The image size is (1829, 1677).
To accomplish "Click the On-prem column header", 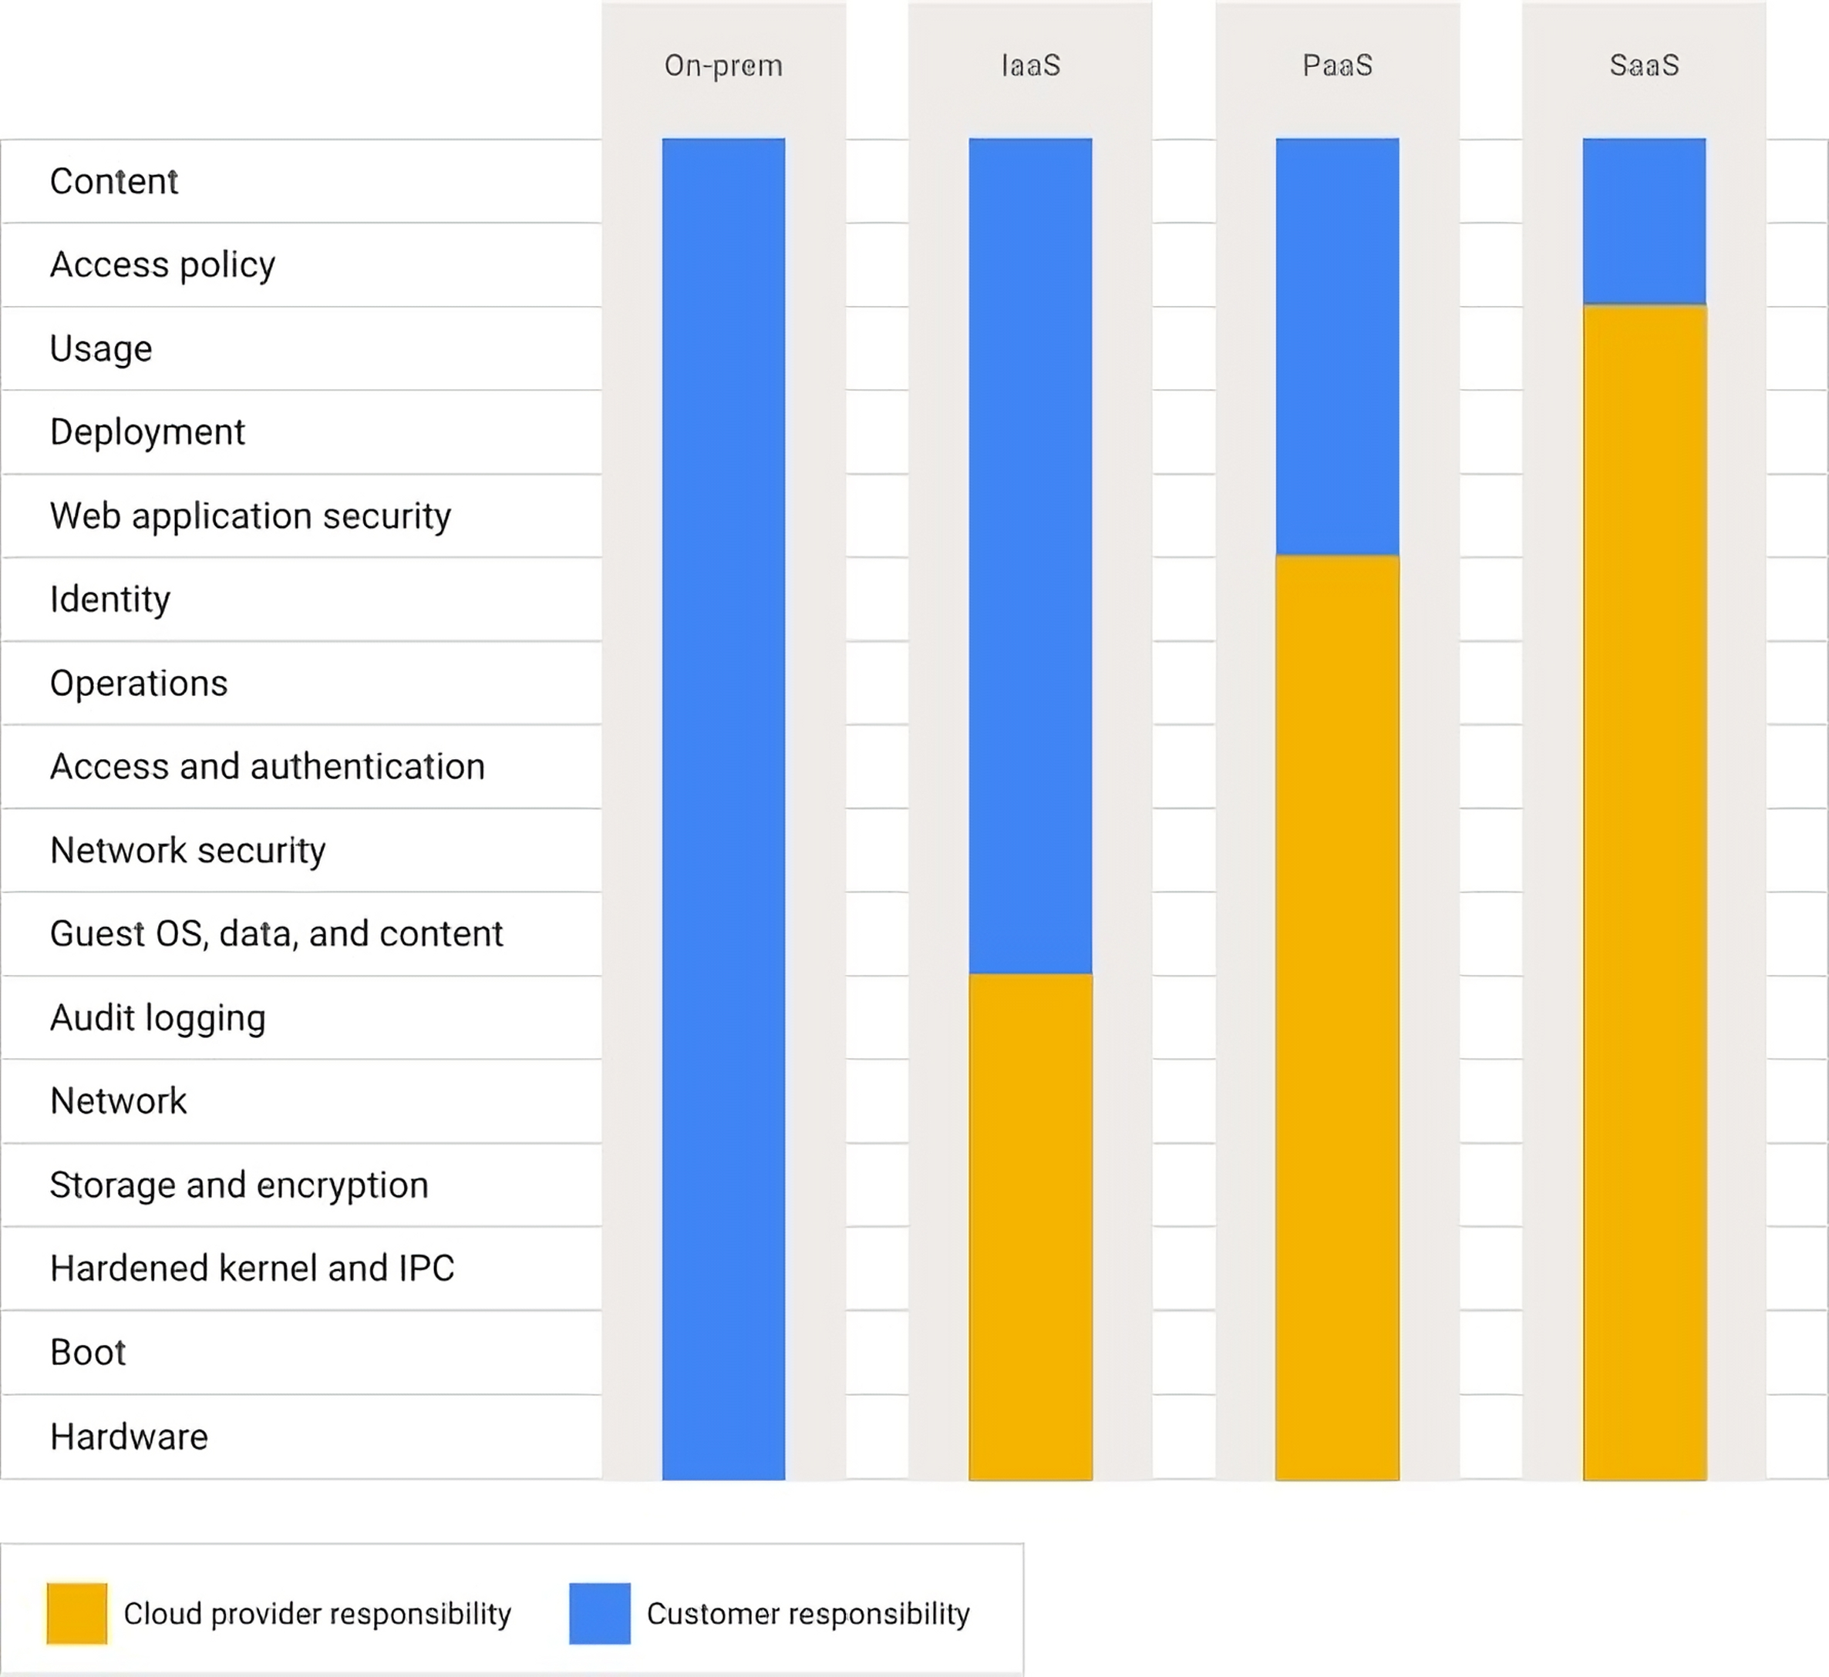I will pos(723,66).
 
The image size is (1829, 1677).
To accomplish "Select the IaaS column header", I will pos(1030,66).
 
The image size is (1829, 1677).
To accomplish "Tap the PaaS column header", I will pos(1337,66).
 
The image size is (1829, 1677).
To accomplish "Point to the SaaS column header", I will pos(1644,66).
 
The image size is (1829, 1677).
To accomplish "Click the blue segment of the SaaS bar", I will pos(1644,220).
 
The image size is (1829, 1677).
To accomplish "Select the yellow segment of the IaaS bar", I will pos(1030,1225).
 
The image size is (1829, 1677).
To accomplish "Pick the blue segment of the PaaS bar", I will pos(1337,344).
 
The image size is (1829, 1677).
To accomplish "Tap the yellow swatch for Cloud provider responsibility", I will pos(77,1614).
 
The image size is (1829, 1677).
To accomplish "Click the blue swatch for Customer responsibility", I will pos(599,1614).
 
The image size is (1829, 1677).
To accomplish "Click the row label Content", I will pos(114,181).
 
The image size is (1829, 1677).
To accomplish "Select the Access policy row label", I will pos(163,265).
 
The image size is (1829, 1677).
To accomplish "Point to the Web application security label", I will pos(251,516).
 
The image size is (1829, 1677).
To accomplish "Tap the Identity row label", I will pos(109,599).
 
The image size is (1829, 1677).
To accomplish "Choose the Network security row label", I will pos(188,850).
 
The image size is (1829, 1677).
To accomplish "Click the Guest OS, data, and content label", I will pos(276,934).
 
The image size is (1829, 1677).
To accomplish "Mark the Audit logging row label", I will pos(158,1017).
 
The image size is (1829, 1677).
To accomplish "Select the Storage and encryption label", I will pos(239,1185).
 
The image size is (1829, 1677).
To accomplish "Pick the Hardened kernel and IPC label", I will pos(252,1269).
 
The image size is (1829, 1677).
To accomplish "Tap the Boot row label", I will pos(88,1352).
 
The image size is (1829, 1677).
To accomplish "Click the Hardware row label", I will pos(129,1437).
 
